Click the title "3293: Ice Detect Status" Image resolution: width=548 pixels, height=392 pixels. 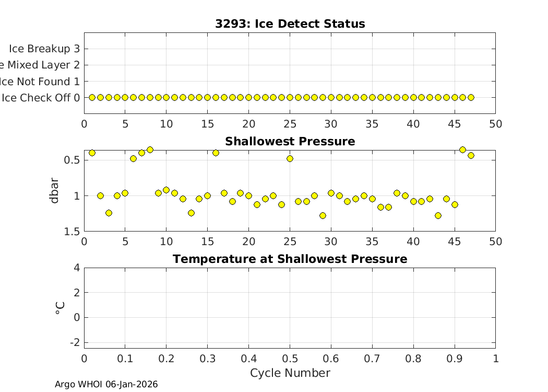pos(290,24)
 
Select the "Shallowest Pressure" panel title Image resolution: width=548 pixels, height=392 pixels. pos(290,142)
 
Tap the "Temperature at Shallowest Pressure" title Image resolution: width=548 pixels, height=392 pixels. pos(290,259)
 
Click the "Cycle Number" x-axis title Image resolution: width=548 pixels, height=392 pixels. pos(290,373)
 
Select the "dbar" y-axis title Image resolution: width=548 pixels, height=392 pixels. pos(55,191)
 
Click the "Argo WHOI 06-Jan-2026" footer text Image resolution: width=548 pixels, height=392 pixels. pos(106,384)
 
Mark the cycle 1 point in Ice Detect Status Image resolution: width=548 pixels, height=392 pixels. pos(92,97)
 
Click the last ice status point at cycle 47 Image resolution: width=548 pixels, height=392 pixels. pos(471,97)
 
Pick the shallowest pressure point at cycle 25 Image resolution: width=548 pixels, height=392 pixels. pos(290,158)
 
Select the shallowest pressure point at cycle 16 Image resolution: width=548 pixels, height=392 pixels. pos(216,153)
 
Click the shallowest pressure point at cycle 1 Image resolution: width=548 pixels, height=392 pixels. pos(92,153)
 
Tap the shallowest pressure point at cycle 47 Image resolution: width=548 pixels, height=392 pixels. pos(471,155)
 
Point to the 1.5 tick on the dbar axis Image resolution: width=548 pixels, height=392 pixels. pos(73,232)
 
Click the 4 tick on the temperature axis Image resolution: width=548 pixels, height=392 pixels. pos(77,268)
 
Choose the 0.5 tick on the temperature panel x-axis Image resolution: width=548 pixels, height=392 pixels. pos(290,359)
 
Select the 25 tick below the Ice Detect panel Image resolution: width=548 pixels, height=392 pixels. pos(290,124)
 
